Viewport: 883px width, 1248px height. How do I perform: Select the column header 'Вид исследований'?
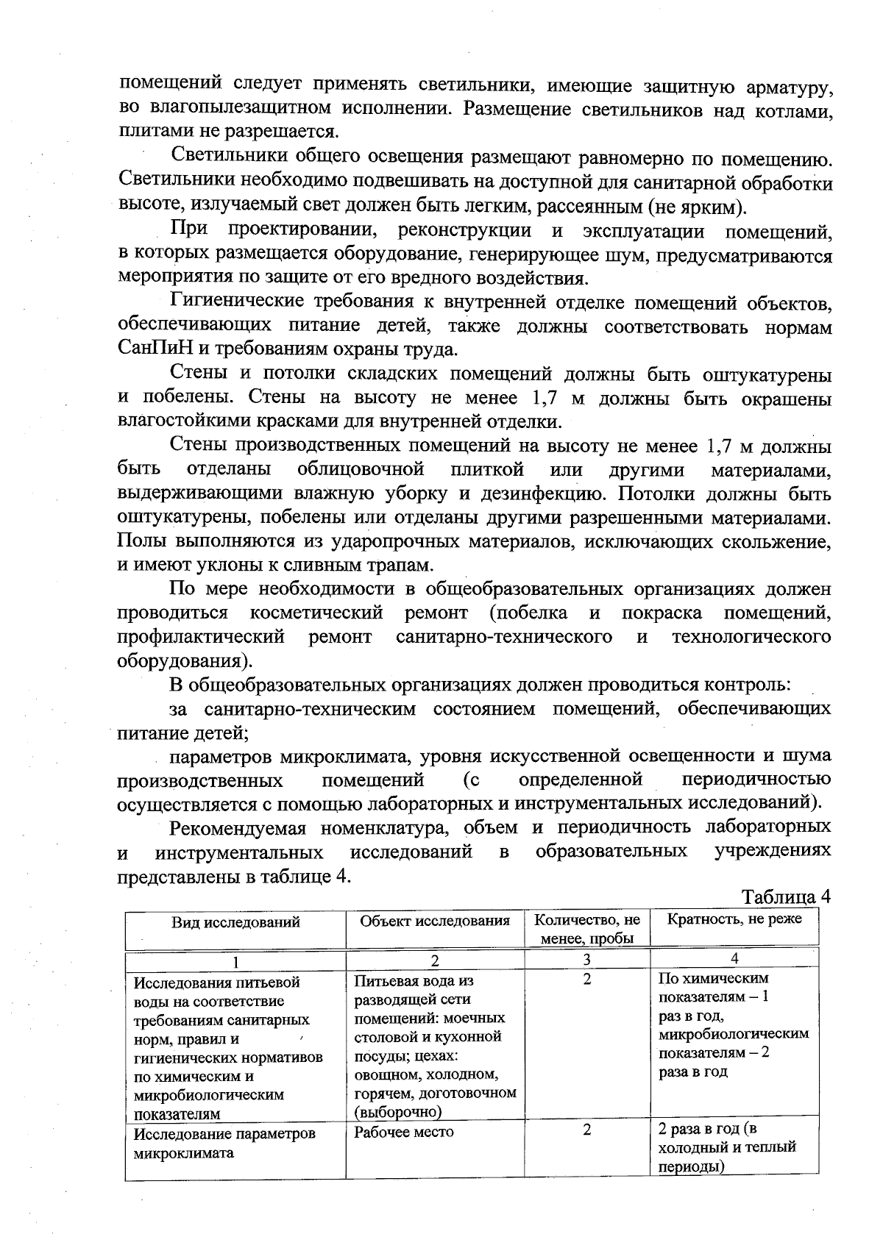pyautogui.click(x=236, y=922)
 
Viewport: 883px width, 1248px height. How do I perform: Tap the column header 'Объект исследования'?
pyautogui.click(x=435, y=921)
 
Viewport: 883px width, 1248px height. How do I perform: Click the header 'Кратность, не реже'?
pyautogui.click(x=734, y=919)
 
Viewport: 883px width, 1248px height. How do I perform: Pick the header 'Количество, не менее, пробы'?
pyautogui.click(x=586, y=929)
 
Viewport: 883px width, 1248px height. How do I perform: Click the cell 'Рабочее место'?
pyautogui.click(x=404, y=1133)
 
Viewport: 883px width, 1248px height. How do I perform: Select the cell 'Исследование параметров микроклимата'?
pyautogui.click(x=224, y=1143)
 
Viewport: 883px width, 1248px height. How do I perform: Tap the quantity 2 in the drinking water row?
pyautogui.click(x=586, y=980)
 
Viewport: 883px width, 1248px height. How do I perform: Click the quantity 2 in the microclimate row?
pyautogui.click(x=586, y=1130)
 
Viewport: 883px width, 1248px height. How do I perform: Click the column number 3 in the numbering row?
pyautogui.click(x=586, y=959)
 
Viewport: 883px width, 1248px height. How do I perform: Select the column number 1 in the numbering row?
pyautogui.click(x=235, y=960)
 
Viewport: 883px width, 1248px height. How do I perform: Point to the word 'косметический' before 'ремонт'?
pyautogui.click(x=317, y=613)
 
